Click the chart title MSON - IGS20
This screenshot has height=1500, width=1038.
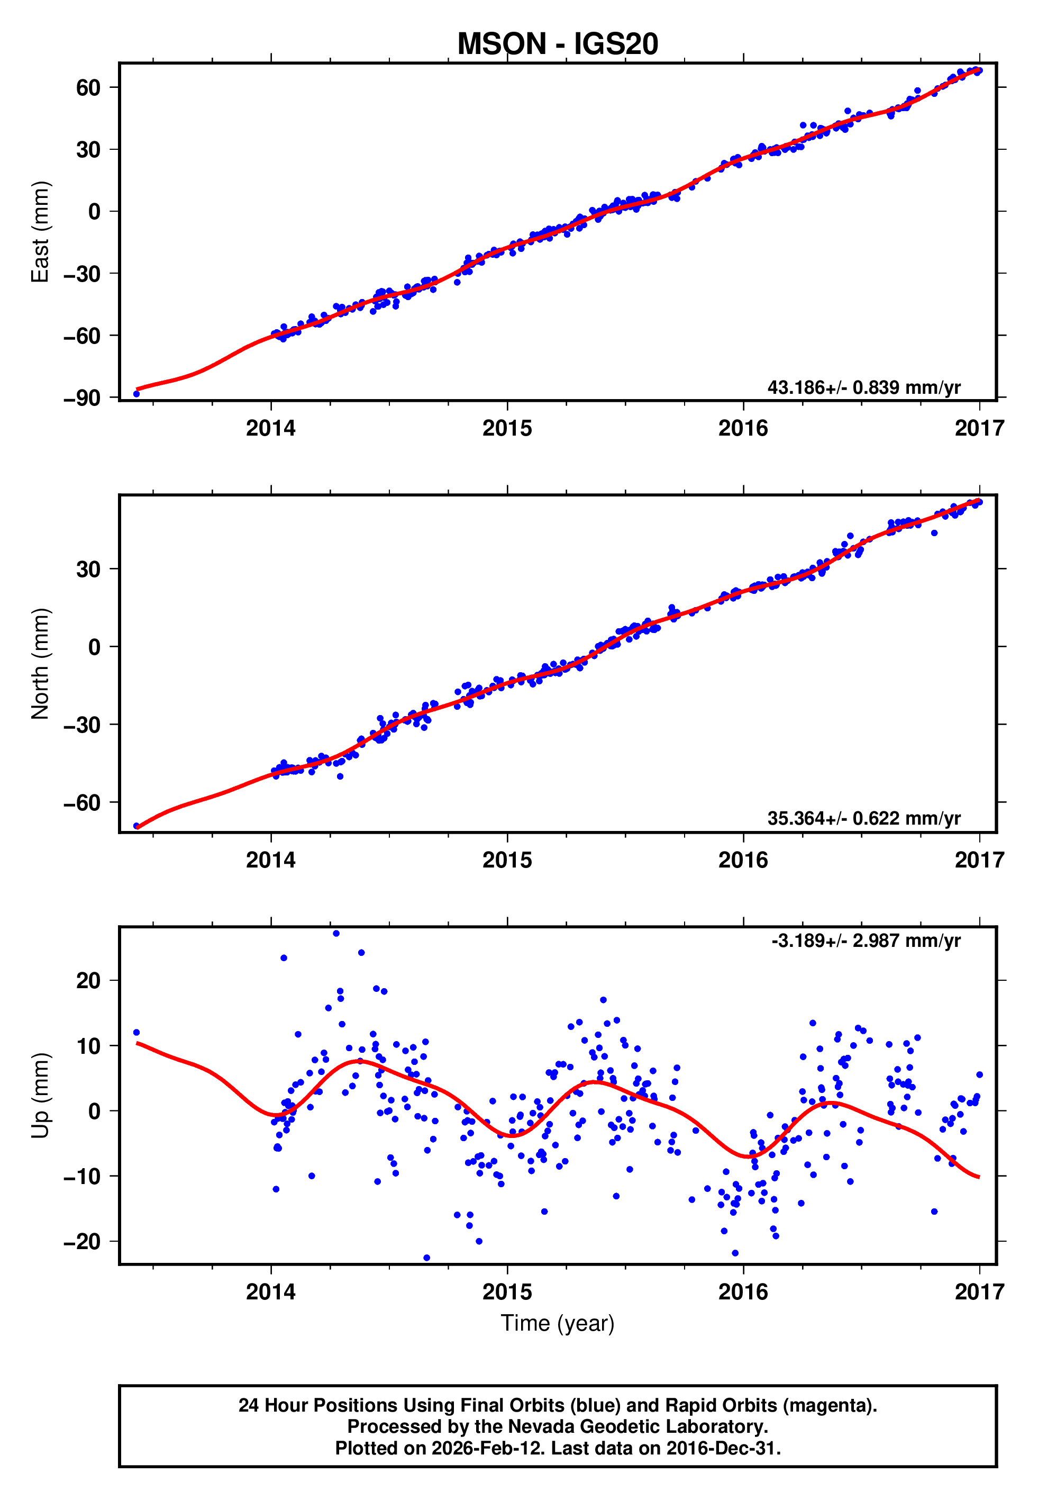click(x=558, y=44)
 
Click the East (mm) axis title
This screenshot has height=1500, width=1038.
click(x=40, y=232)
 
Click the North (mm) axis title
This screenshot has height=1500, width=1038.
click(x=40, y=664)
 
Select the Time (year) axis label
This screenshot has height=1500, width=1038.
click(x=558, y=1323)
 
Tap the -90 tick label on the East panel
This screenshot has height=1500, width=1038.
click(x=82, y=397)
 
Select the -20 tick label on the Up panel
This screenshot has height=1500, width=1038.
click(x=82, y=1241)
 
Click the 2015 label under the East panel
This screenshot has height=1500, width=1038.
click(x=507, y=428)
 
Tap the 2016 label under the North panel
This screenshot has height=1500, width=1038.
click(x=743, y=860)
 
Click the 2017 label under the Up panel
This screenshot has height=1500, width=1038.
click(x=979, y=1292)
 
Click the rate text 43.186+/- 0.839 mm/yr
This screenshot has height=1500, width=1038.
click(x=864, y=387)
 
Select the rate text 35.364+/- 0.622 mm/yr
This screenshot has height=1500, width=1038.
click(x=864, y=818)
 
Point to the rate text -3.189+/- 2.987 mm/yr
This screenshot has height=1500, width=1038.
click(x=866, y=941)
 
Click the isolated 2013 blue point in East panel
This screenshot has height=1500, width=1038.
click(x=136, y=394)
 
